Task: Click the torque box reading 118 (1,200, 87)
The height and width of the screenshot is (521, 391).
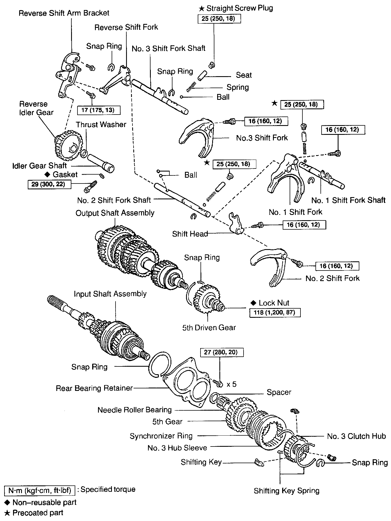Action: point(275,312)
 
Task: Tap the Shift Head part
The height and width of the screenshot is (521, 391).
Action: point(236,223)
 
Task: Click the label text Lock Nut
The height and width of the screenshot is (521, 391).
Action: point(274,303)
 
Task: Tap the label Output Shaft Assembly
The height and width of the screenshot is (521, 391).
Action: point(115,213)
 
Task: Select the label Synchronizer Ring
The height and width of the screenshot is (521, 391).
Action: point(161,436)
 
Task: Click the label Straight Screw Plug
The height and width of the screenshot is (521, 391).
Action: point(239,8)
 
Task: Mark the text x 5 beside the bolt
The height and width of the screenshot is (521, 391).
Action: point(232,384)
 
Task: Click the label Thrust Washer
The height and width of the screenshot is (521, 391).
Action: point(101,125)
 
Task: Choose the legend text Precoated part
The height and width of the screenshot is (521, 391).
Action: point(38,513)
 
